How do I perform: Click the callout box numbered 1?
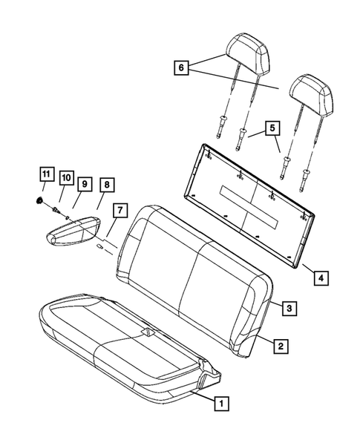tap(220, 404)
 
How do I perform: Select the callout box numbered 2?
tap(280, 344)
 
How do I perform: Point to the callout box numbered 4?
tap(320, 278)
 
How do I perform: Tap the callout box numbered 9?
tap(85, 183)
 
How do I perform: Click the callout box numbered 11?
tap(46, 175)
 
